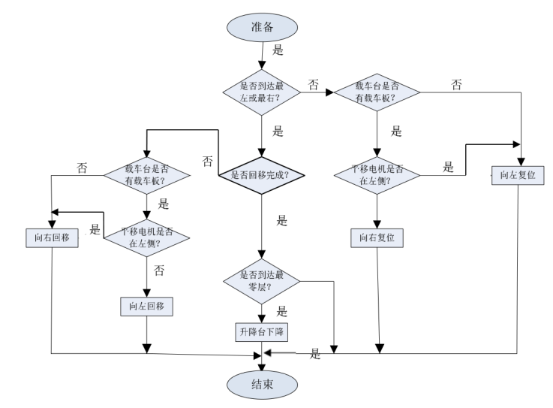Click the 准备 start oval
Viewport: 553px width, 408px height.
262,28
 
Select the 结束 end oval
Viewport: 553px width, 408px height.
262,386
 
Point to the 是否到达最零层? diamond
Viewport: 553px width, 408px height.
262,282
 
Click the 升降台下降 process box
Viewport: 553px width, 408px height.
262,331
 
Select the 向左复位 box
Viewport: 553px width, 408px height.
517,176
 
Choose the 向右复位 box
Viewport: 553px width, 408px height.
377,237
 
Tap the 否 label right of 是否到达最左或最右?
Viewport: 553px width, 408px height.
314,83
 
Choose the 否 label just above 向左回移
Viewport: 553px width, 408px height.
159,269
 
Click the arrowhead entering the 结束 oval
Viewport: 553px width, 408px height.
262,367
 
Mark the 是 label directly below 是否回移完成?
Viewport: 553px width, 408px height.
282,220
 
